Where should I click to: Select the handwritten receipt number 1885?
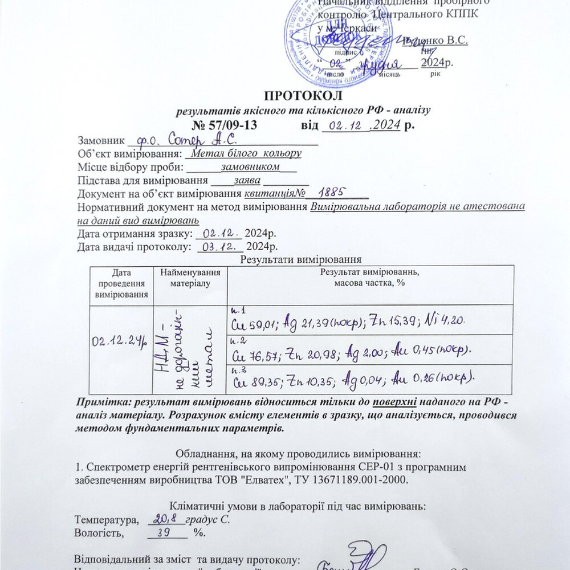(332, 193)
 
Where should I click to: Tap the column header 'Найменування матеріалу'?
(190, 278)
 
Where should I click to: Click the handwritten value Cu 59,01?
(255, 324)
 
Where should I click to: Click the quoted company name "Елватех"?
(268, 480)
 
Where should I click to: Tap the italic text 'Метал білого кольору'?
(246, 153)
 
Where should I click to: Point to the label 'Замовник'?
(100, 140)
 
